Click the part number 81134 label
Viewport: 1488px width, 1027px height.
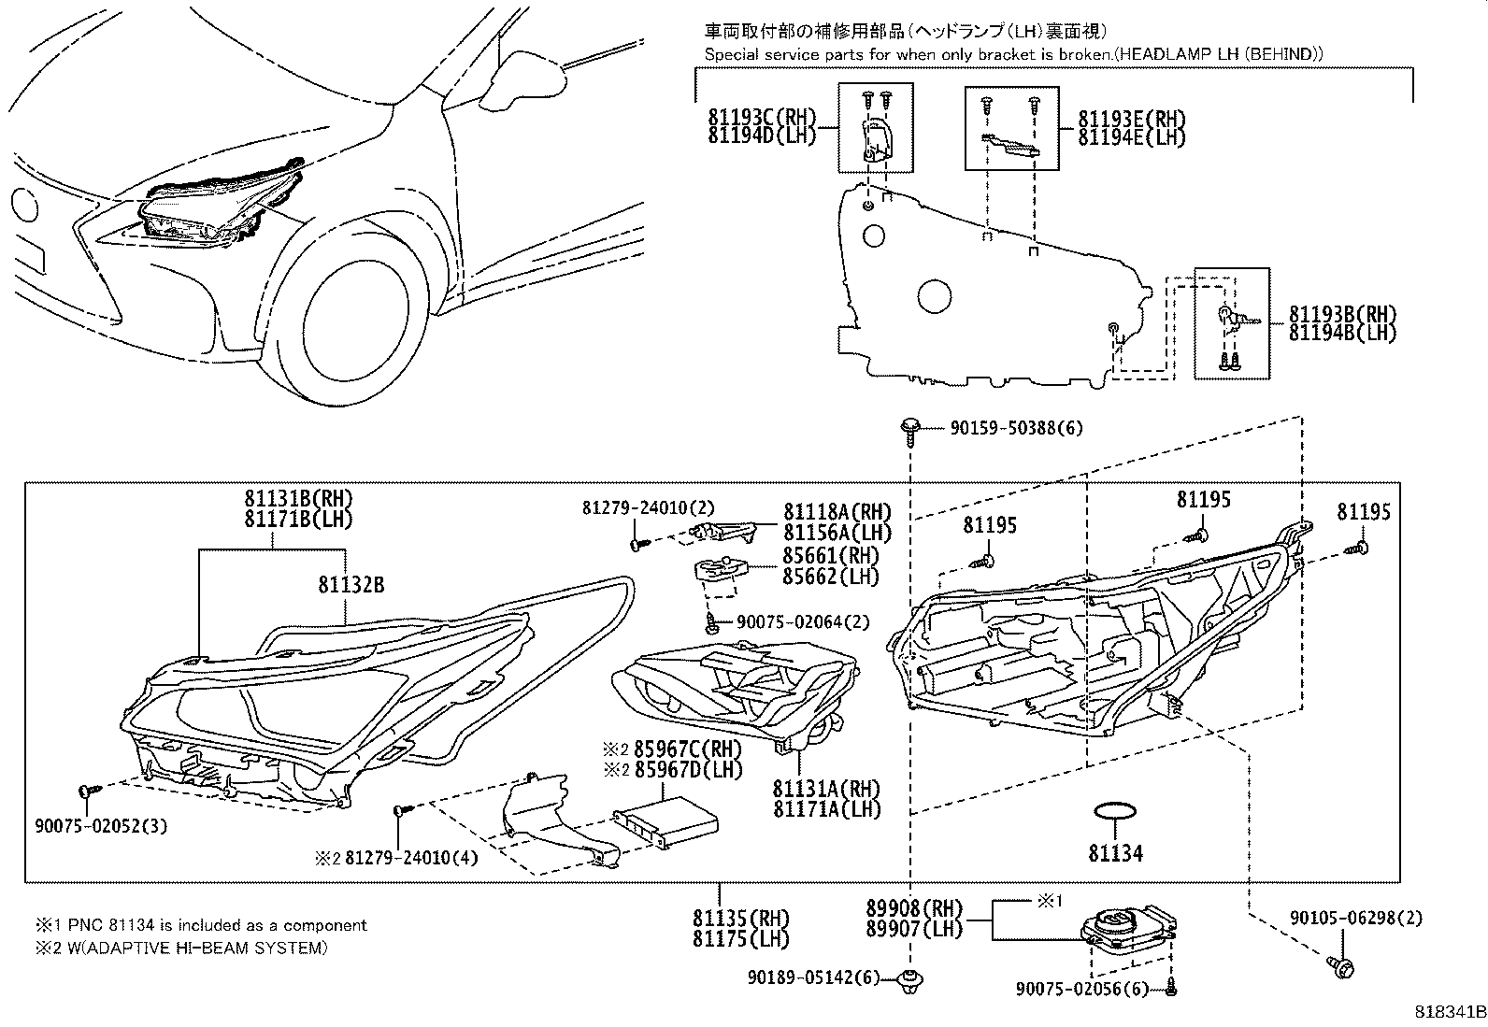[x=1115, y=853]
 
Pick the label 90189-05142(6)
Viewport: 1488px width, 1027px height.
[x=814, y=977]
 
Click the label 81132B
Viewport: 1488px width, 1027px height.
[x=351, y=586]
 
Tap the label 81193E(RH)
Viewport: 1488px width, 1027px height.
[x=1131, y=120]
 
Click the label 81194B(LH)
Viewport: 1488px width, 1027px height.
[x=1342, y=333]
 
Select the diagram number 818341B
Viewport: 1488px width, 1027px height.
[x=1448, y=1012]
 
